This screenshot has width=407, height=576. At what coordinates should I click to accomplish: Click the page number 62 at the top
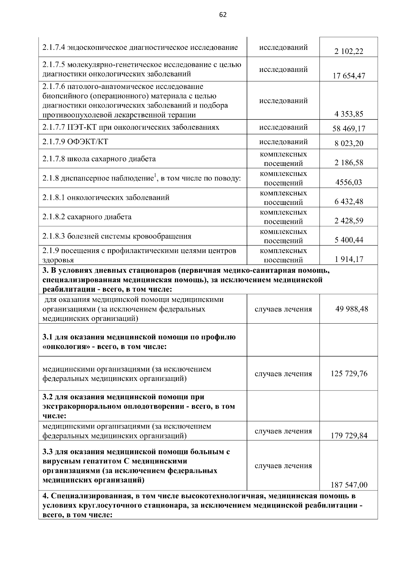223,15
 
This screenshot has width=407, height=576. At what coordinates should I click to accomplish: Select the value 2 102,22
349,52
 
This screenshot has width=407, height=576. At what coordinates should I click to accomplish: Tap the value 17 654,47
349,76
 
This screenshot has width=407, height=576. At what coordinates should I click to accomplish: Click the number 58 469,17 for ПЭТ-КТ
349,129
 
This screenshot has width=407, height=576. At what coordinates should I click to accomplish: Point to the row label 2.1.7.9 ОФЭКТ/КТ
75,141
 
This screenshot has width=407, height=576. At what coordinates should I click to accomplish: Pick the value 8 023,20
349,143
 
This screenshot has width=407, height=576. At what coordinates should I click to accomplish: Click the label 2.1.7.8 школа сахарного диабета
99,159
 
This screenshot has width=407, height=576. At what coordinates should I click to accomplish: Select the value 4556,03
349,182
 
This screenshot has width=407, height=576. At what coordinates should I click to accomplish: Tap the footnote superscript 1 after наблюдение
155,175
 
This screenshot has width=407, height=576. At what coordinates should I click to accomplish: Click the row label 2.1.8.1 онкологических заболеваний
106,197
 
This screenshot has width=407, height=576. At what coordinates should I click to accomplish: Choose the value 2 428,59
349,221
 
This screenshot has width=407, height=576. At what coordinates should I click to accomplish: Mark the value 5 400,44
349,240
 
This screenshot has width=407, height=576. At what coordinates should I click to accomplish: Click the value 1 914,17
349,260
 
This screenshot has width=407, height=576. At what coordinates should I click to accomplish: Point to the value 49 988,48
351,309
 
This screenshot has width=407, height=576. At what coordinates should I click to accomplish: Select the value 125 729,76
349,374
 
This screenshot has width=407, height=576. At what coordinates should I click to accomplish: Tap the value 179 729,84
349,436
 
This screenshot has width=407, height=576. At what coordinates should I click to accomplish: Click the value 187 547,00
349,485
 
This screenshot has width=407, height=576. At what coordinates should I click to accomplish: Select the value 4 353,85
349,114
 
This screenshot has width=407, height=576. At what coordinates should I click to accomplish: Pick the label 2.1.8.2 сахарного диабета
87,217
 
